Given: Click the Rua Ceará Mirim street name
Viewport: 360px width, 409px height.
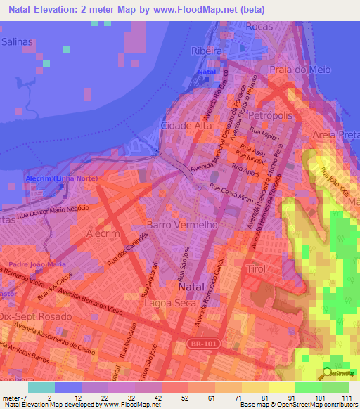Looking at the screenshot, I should [x=231, y=192].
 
